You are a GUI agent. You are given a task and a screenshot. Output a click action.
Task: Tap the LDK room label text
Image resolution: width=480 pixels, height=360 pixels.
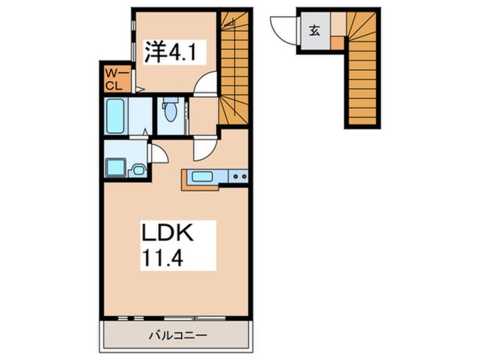tap(167, 233)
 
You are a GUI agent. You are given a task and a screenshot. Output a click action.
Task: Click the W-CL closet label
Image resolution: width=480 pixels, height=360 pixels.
tap(114, 79)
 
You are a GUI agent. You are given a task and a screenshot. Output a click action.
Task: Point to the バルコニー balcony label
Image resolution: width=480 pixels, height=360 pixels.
tap(178, 336)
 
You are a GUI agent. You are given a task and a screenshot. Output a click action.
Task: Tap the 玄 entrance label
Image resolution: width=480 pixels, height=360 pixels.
tap(314, 30)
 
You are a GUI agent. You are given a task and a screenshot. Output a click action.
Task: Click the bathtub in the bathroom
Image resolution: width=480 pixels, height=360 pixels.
tap(115, 116)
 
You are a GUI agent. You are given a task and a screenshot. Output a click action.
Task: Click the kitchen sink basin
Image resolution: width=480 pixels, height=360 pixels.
tap(202, 177)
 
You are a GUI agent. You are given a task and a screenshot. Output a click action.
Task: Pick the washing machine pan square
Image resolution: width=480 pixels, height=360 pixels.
tap(115, 168)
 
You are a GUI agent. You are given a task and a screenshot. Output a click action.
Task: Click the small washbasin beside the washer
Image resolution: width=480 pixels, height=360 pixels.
tap(138, 170)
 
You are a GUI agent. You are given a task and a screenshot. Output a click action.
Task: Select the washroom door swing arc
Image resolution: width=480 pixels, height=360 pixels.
tap(159, 153)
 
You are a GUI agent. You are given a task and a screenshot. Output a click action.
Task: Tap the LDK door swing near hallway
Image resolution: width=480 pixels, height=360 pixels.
tap(204, 150)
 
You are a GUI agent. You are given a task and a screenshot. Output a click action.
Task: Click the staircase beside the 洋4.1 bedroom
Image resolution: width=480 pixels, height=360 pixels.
tap(234, 68)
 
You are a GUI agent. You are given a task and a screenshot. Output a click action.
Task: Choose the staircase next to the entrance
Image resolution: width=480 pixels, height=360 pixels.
tap(362, 68)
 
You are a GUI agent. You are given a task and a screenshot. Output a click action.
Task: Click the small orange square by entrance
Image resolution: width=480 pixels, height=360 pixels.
tap(337, 42)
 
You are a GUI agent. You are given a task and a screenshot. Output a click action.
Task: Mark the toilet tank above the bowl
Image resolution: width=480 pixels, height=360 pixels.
tap(170, 100)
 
